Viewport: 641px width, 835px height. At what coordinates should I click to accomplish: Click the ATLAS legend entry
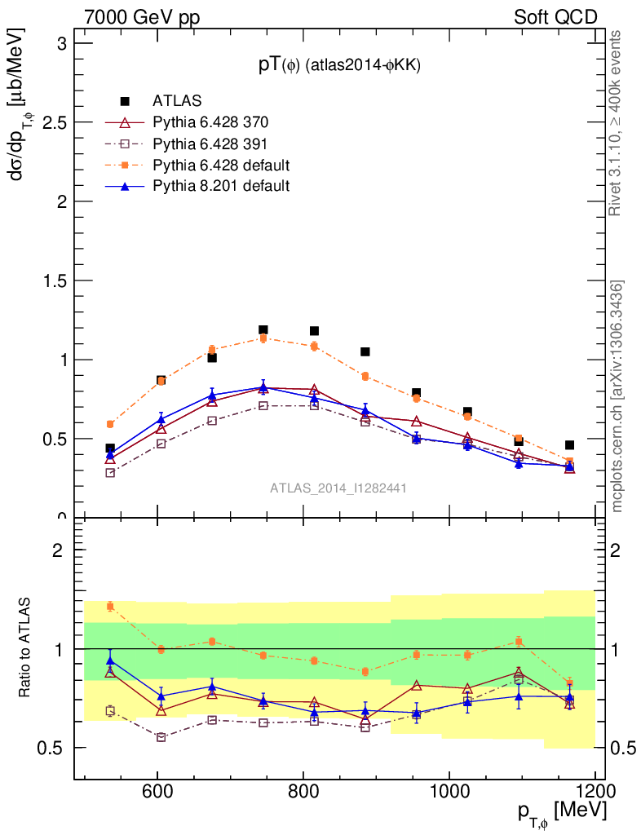click(177, 102)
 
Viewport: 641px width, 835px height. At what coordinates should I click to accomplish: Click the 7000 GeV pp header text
click(142, 17)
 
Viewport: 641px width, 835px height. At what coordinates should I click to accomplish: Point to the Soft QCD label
click(555, 17)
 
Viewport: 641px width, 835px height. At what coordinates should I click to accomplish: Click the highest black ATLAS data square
click(263, 329)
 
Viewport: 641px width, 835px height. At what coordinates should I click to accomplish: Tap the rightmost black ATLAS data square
click(569, 445)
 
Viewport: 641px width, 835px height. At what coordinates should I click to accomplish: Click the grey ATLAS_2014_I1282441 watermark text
click(338, 488)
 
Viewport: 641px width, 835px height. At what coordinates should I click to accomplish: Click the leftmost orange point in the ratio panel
click(110, 606)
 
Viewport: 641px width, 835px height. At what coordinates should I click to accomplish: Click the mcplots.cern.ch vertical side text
click(617, 396)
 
